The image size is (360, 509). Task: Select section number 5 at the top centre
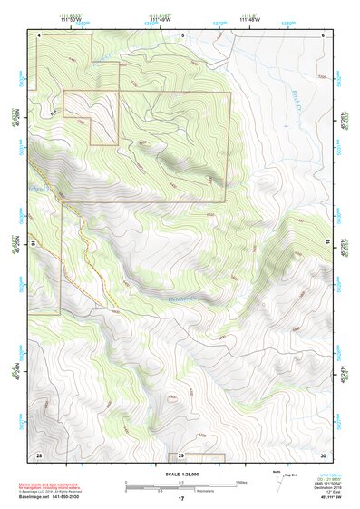(x=182, y=34)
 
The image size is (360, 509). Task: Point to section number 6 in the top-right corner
(x=323, y=34)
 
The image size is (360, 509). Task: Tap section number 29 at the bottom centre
(x=181, y=454)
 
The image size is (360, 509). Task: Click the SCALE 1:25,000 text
(x=180, y=475)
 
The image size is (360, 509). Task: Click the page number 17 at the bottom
(x=181, y=499)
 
